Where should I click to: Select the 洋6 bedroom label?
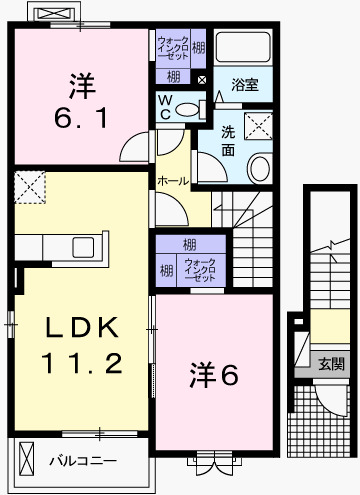point(214,374)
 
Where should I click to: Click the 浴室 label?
point(245,85)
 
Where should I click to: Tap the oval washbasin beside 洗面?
point(258,167)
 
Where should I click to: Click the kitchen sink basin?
point(81,247)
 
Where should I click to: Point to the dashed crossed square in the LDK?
point(29,185)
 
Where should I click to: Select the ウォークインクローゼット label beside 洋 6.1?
point(168,47)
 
